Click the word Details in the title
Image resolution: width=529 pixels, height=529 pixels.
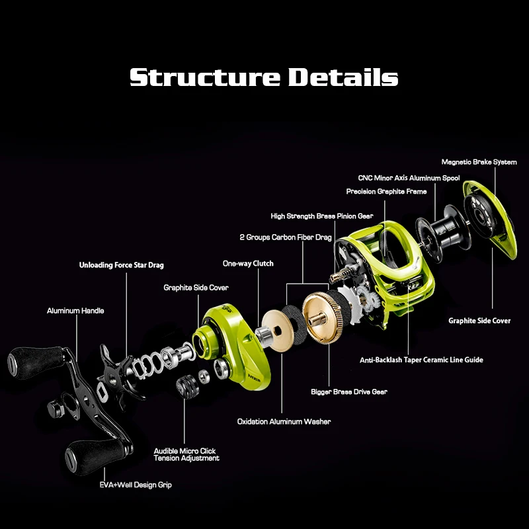tap(343, 77)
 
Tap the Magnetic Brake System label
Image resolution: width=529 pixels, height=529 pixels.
tap(479, 162)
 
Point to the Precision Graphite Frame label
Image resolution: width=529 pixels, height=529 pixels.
tap(386, 192)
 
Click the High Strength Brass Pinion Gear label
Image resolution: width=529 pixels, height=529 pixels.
tap(322, 216)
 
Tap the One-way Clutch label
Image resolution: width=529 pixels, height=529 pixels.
tap(248, 264)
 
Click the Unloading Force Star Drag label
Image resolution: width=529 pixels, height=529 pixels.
tap(121, 265)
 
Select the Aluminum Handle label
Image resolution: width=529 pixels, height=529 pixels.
tap(75, 310)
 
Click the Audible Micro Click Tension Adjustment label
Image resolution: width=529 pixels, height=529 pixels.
tap(186, 454)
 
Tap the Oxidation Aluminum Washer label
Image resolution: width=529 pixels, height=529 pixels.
tap(284, 421)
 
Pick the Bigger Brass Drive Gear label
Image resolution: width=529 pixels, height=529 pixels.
tap(348, 392)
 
